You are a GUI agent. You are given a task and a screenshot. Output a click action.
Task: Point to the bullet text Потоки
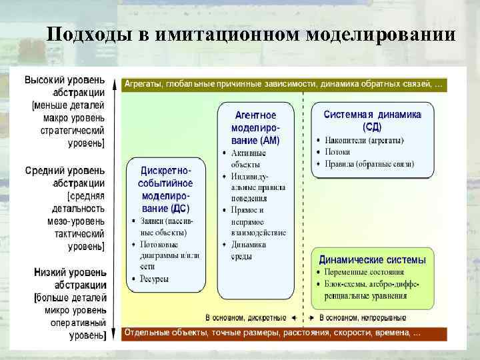(338, 152)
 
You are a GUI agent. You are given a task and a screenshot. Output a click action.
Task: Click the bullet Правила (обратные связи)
(369, 163)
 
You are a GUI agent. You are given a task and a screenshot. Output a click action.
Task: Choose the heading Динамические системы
(372, 259)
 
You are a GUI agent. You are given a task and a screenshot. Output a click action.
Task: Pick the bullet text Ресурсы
(154, 279)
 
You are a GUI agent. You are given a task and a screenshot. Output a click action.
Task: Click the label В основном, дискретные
(245, 317)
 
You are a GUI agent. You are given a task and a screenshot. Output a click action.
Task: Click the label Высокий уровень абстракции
(65, 86)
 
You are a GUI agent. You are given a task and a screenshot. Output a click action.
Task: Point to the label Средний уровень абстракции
(65, 177)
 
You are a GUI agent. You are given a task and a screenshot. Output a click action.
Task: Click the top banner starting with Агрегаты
(283, 85)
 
